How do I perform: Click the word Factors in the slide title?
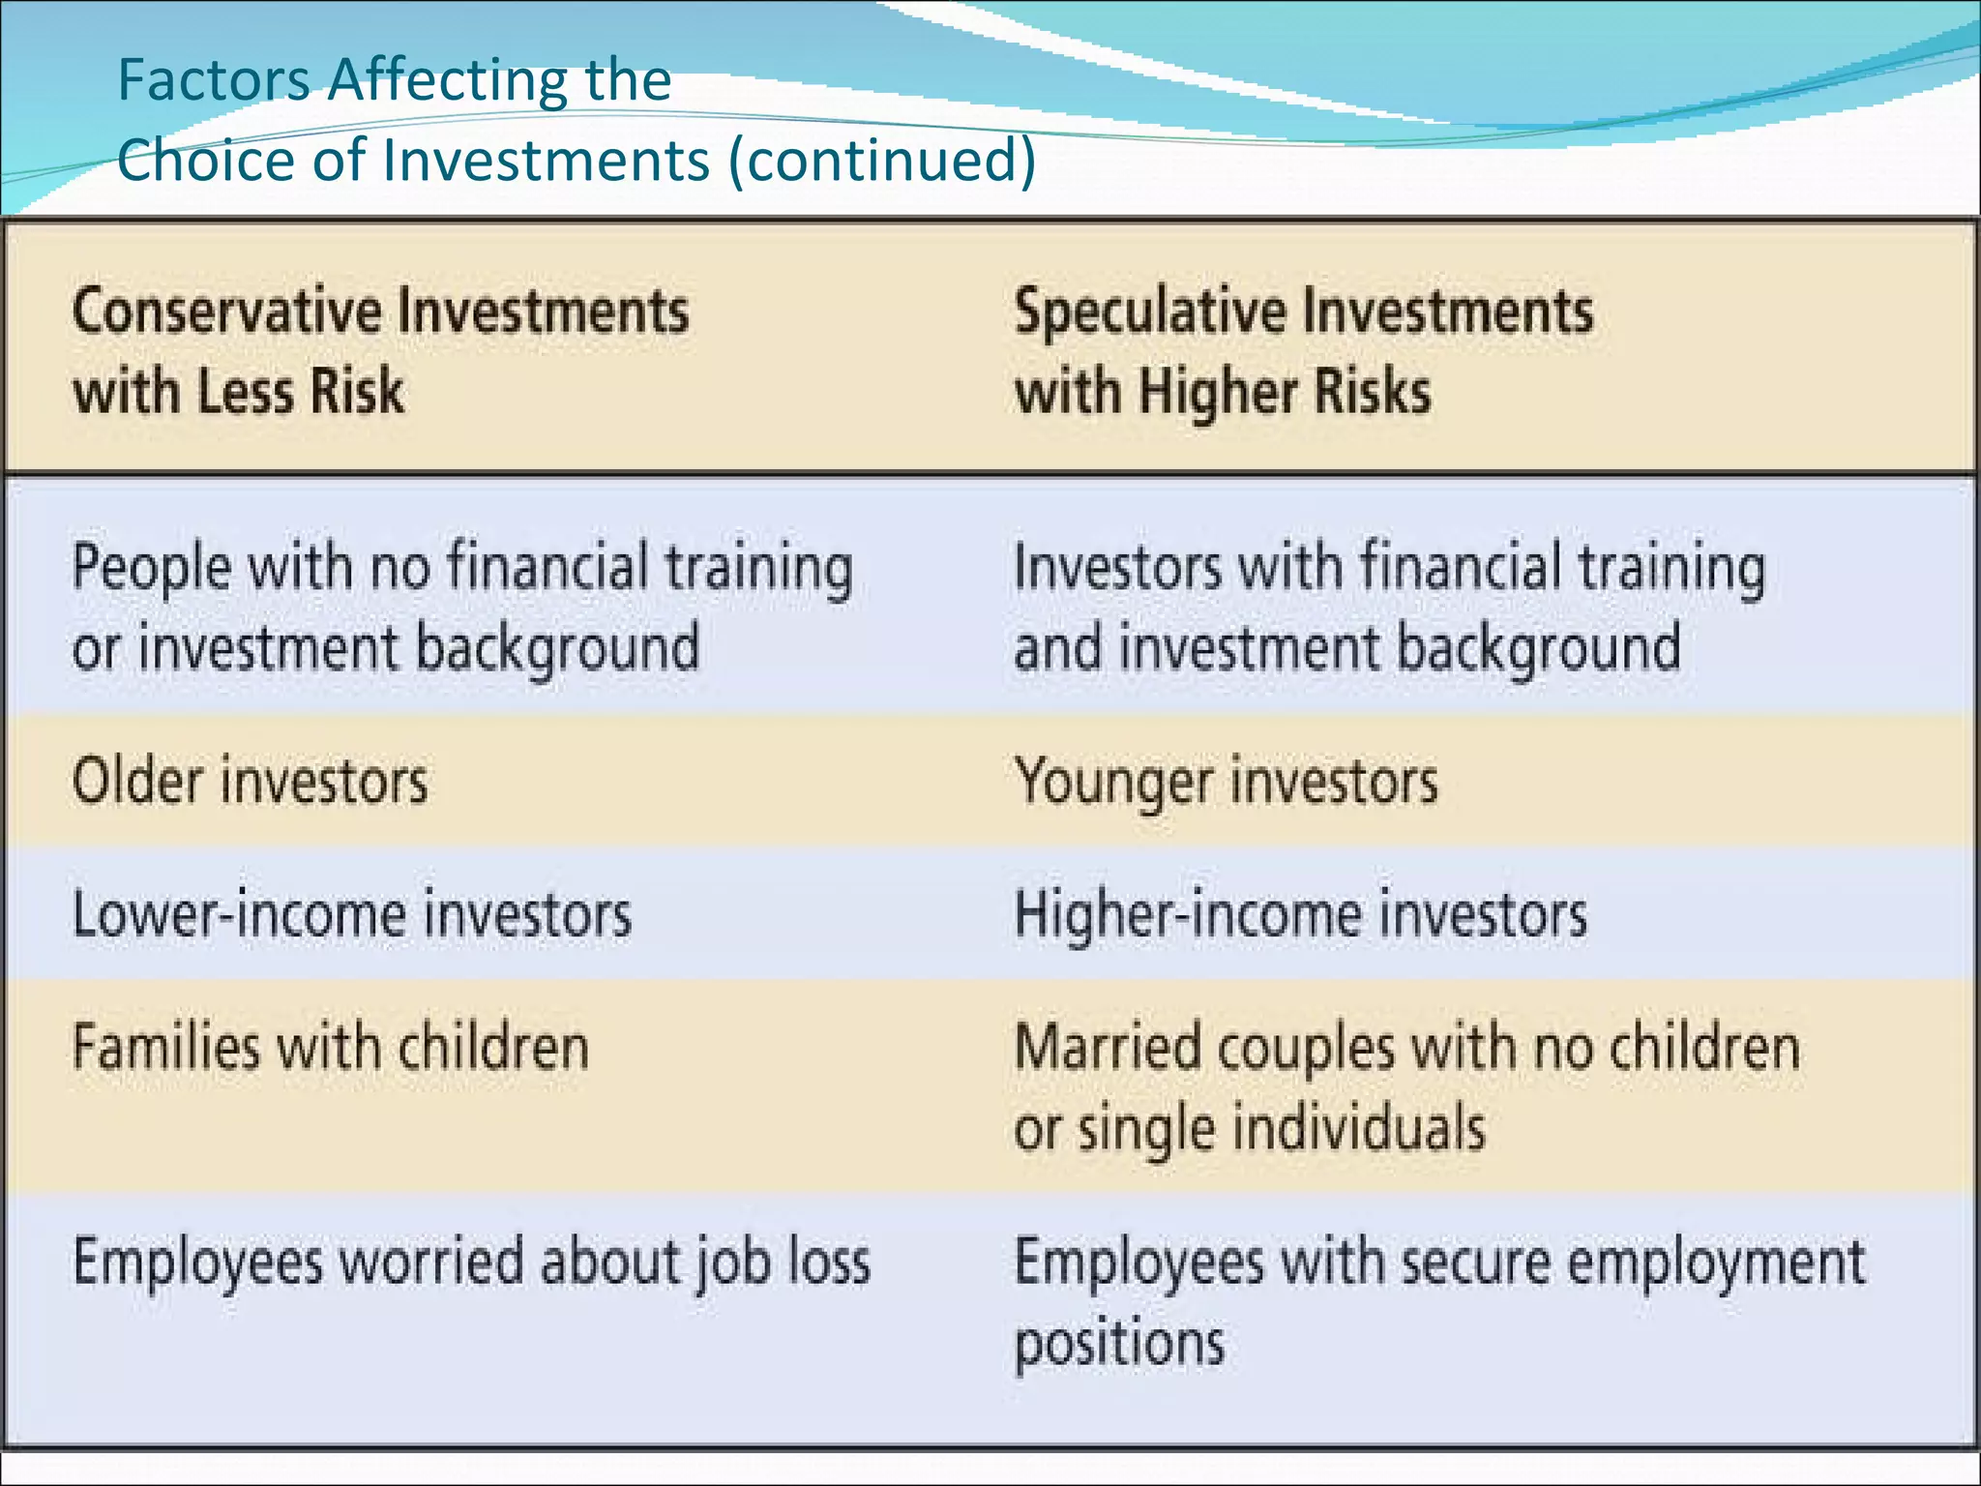tap(214, 80)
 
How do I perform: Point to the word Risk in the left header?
tap(354, 392)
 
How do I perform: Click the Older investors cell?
tap(250, 781)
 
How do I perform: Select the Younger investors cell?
tap(1226, 781)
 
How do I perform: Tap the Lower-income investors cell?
tap(352, 914)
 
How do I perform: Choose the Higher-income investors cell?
tap(1300, 914)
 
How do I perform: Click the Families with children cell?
tap(331, 1048)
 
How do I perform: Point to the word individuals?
tap(1359, 1129)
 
